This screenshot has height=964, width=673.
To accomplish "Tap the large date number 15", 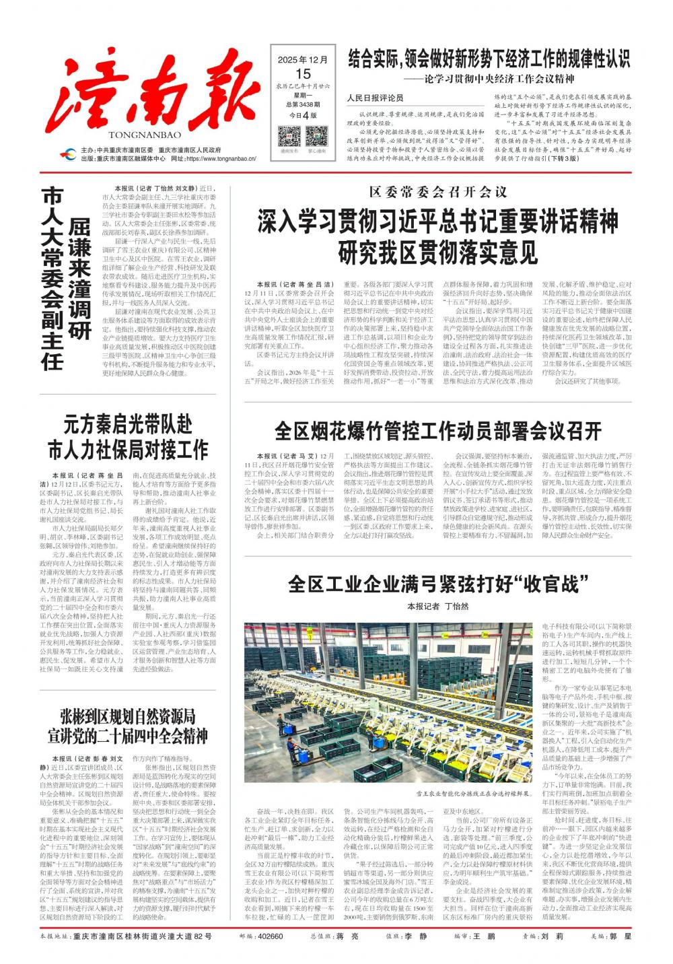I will point(303,73).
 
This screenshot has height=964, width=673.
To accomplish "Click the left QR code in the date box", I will point(289,137).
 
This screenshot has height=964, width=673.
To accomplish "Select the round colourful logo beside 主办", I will point(69,154).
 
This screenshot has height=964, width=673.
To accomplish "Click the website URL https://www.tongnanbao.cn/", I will point(221,159).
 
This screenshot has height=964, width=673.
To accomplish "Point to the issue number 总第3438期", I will point(303,104).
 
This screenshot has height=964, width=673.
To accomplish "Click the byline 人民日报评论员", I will point(375,98).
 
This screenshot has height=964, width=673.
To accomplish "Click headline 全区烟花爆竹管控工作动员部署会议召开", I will point(437,429).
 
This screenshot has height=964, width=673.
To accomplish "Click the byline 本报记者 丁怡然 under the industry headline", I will point(437,606).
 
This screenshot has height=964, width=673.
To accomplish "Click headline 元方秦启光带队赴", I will point(128,425).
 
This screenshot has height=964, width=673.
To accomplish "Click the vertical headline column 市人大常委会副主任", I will point(52,279).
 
